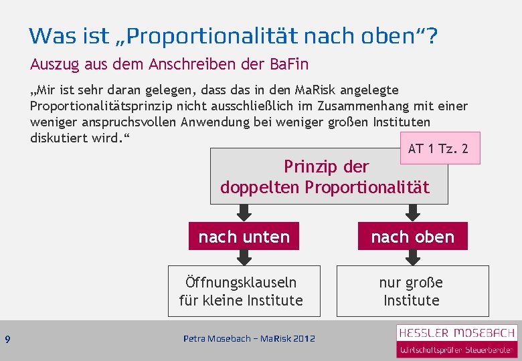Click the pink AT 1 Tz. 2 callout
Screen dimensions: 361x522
(x=439, y=148)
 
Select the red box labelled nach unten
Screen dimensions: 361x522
(x=244, y=237)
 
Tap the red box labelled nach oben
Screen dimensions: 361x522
(x=412, y=237)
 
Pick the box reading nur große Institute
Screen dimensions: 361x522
(x=412, y=291)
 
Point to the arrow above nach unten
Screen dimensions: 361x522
(x=244, y=213)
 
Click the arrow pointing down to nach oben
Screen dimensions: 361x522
(x=413, y=213)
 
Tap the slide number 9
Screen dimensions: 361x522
(x=7, y=340)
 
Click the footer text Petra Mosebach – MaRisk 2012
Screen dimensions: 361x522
(x=249, y=339)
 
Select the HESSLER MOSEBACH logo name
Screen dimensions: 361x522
(x=456, y=332)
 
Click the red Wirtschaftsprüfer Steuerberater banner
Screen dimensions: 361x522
(x=456, y=349)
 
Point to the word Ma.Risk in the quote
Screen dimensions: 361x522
(x=302, y=90)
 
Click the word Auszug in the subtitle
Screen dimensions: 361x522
(x=52, y=65)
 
